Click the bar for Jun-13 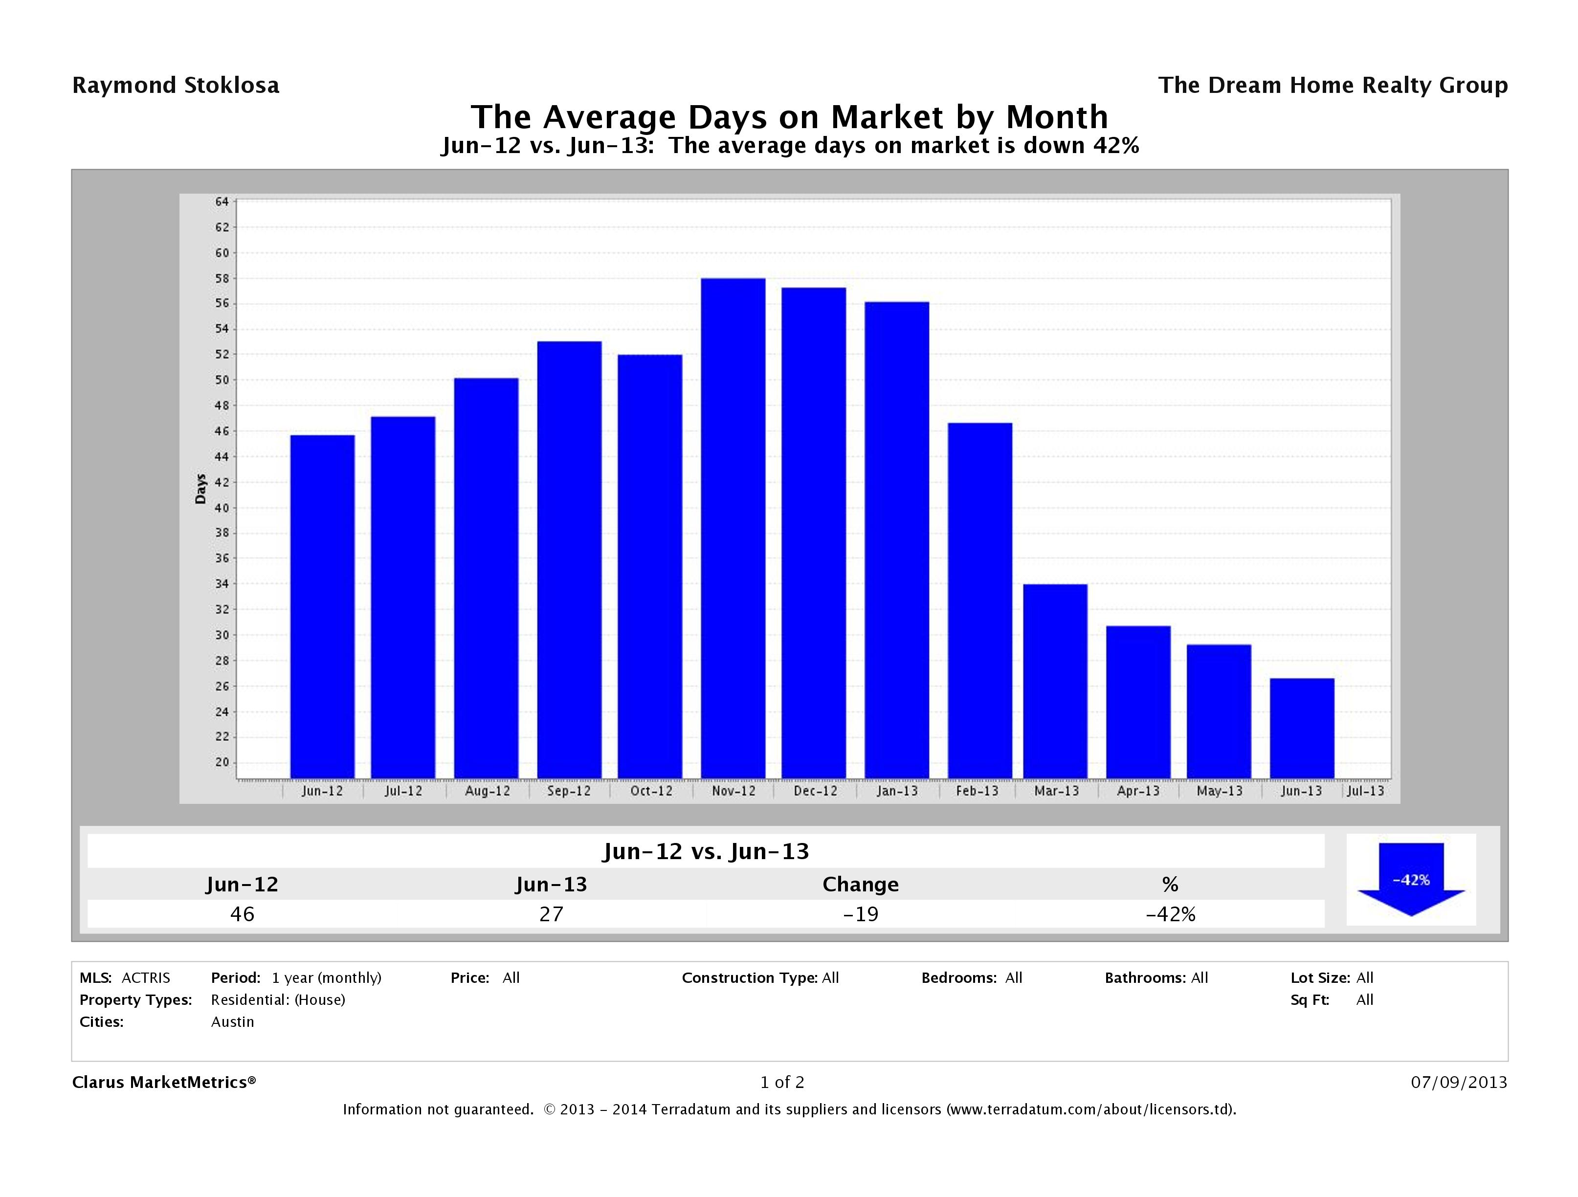point(1301,728)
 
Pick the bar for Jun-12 point(322,606)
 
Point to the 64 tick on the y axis point(222,202)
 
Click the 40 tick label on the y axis point(222,508)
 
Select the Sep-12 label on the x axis point(569,791)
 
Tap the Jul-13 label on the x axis point(1365,791)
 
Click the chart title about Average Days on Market point(789,117)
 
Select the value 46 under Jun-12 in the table point(242,914)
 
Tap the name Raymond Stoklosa point(176,86)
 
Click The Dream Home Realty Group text point(1333,86)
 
